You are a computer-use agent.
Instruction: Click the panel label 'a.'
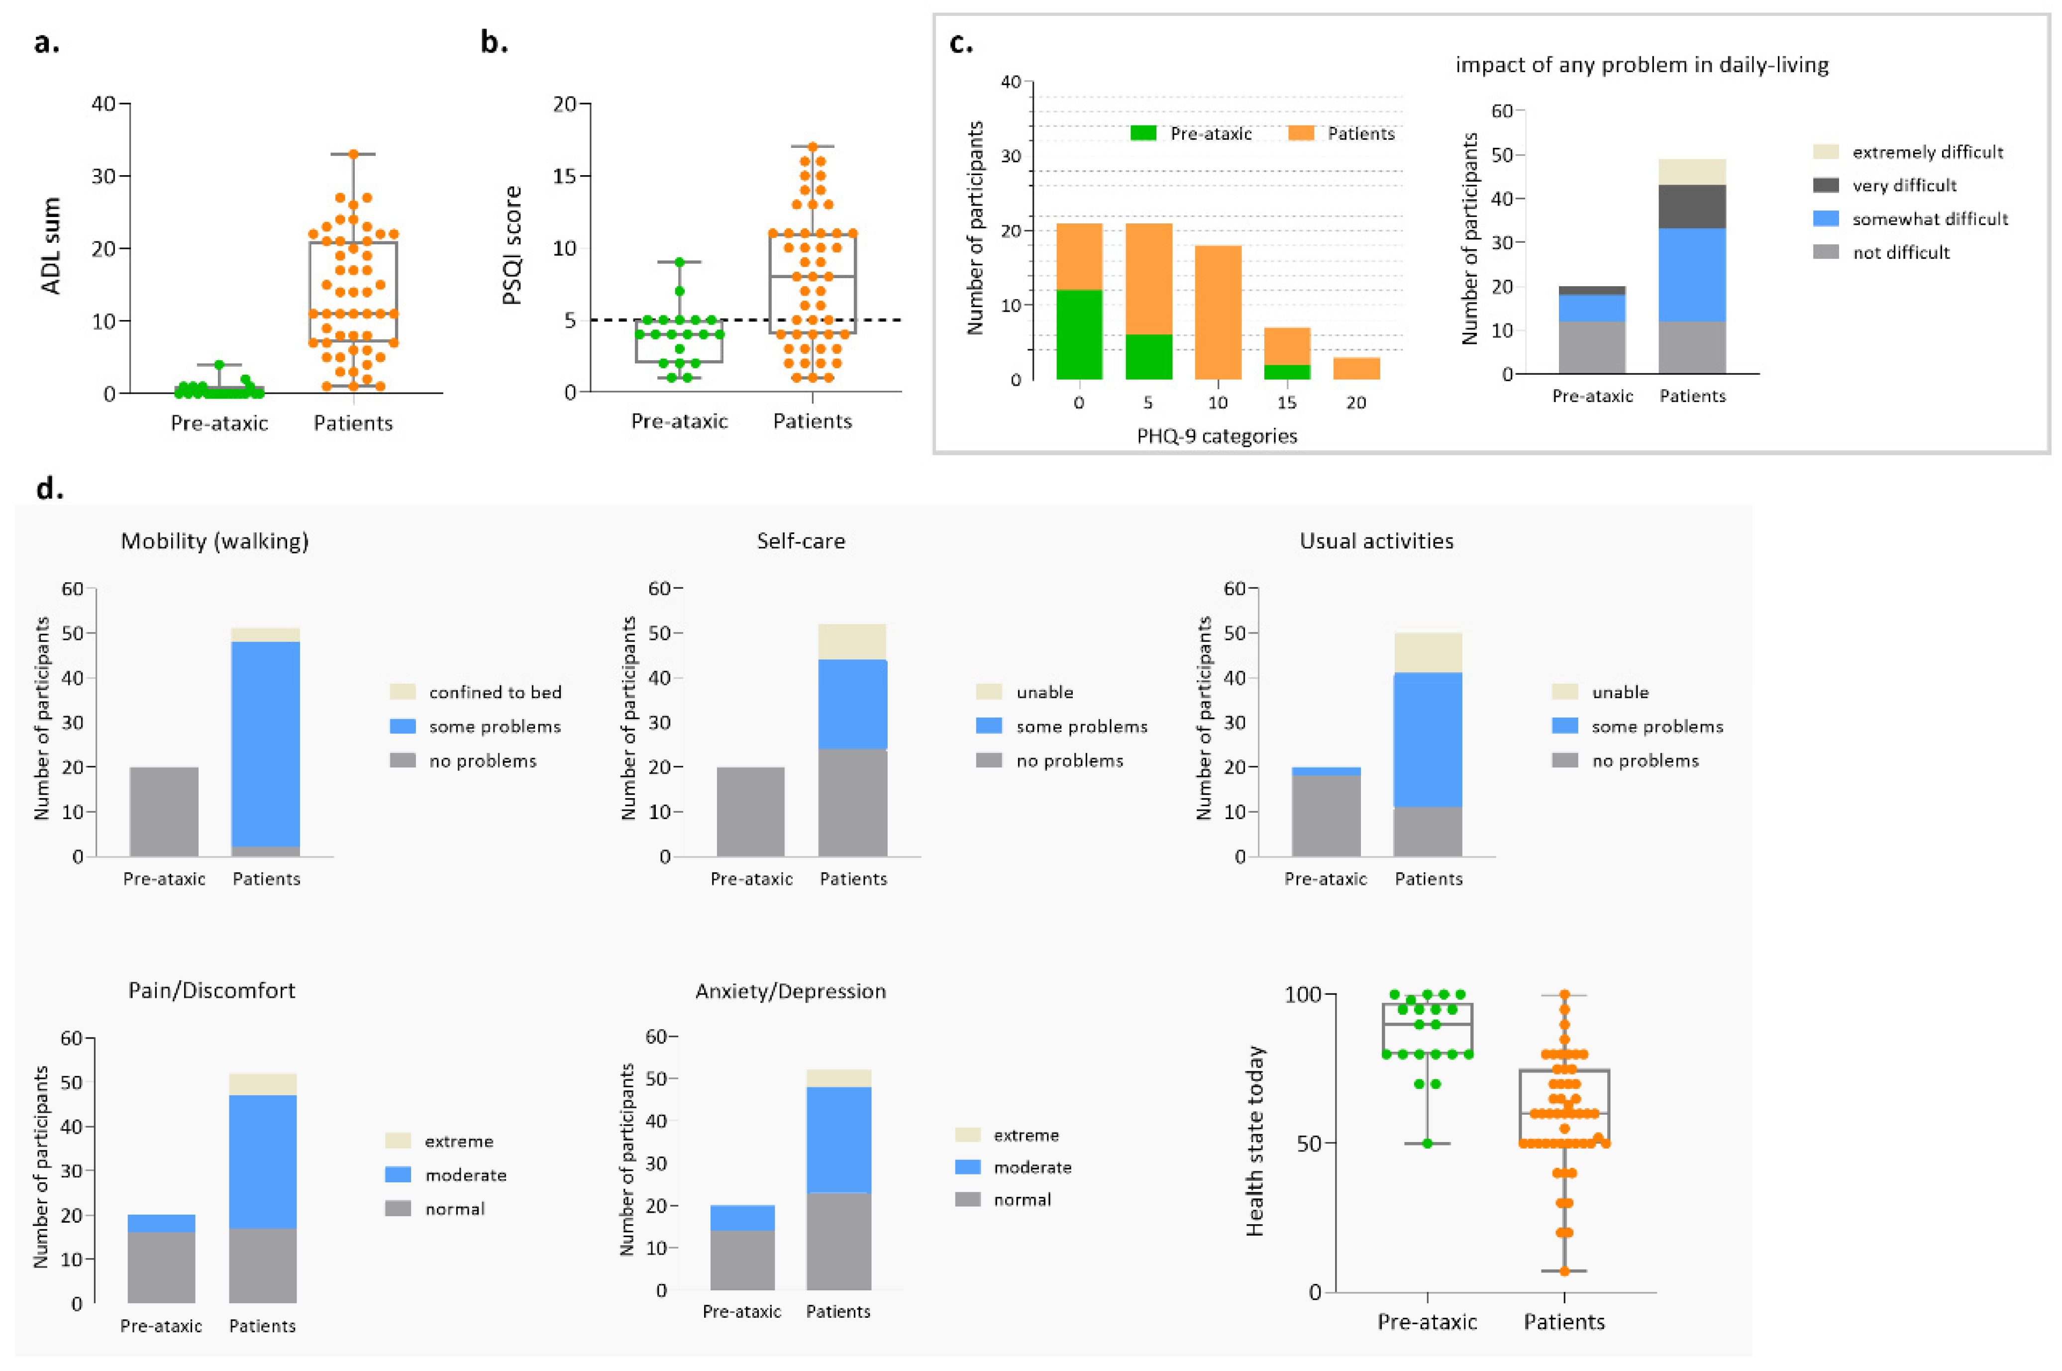coord(46,42)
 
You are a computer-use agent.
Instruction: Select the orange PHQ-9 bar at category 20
coord(1356,368)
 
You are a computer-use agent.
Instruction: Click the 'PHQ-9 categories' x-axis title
coord(1216,435)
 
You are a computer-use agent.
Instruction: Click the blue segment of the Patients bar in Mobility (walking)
coord(266,743)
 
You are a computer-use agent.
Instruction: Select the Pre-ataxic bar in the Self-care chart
coord(750,812)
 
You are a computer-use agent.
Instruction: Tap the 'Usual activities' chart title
coord(1376,541)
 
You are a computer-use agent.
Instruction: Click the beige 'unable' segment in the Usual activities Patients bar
coord(1428,652)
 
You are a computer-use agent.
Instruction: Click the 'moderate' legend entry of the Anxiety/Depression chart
coord(1031,1167)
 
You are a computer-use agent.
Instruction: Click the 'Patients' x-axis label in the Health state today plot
coord(1564,1321)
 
